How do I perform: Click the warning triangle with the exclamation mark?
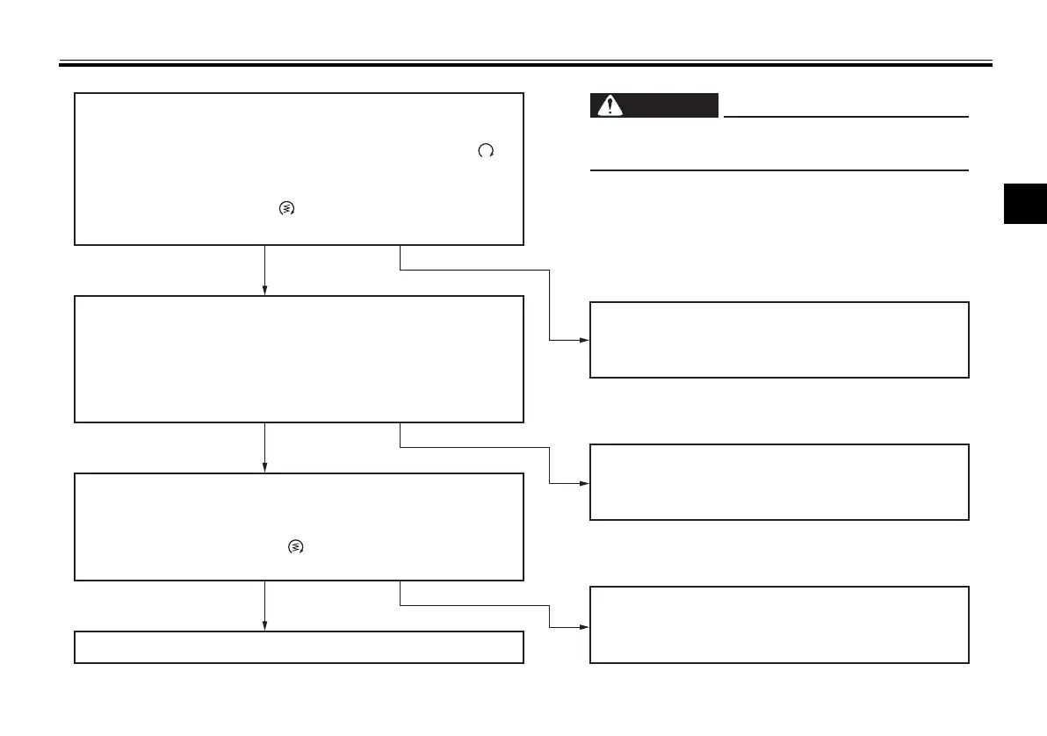coord(606,105)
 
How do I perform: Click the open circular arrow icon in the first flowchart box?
coord(485,151)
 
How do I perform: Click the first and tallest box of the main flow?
coord(299,169)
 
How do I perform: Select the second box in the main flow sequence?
coord(299,358)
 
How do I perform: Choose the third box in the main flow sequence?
coord(299,526)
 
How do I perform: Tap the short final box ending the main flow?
coord(299,646)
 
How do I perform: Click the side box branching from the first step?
coord(779,340)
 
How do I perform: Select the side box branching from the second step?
coord(779,482)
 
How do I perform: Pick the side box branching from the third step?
coord(779,624)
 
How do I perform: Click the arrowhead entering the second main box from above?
coord(264,291)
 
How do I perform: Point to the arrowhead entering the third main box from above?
coord(264,468)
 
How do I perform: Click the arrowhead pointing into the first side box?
coord(584,340)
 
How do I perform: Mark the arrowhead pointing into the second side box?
coord(584,482)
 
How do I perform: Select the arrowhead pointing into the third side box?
coord(584,626)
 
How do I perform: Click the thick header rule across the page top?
coord(525,64)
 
